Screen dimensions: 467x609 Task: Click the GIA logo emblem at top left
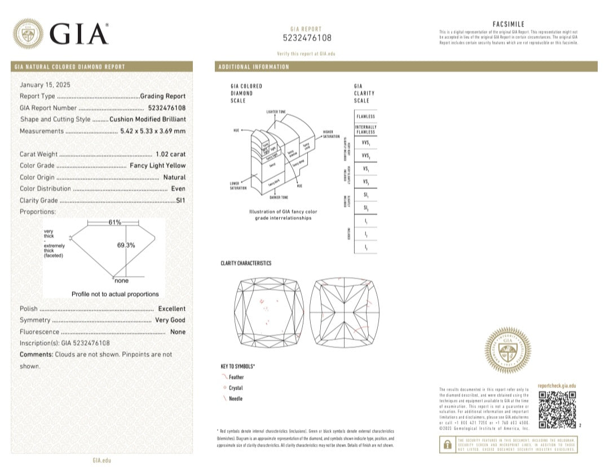coord(28,34)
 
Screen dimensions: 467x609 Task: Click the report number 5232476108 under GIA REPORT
coord(307,38)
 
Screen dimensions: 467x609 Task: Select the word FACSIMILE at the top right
coord(508,24)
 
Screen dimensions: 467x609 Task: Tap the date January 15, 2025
coord(45,85)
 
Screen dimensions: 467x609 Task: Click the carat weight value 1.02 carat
coord(170,154)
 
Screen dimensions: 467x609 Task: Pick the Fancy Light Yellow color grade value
coord(157,165)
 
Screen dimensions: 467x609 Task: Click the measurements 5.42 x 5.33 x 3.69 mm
coord(153,131)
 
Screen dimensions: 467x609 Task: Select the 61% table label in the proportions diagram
coord(114,222)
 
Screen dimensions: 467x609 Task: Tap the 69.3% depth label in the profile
coord(126,245)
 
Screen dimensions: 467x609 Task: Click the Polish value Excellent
coord(171,309)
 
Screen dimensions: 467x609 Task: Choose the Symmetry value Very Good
coord(170,320)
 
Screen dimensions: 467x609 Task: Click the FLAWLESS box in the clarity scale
coord(365,116)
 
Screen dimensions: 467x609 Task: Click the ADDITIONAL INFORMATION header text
coord(253,67)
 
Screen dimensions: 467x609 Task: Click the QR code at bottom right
coord(557,409)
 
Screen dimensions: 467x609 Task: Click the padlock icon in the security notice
coord(447,444)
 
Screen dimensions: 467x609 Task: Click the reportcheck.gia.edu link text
coord(557,385)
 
